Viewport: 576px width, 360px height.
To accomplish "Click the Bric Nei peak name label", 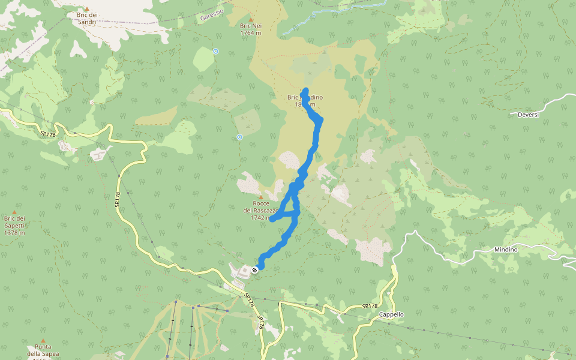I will tap(251, 26).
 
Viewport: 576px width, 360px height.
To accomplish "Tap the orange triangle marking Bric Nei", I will tap(251, 19).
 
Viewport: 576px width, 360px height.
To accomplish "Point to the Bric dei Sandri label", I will tap(86, 18).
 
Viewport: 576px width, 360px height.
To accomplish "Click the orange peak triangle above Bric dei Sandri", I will tap(86, 9).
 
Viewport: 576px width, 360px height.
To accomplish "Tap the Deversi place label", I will tap(528, 115).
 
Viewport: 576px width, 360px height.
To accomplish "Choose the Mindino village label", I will tap(506, 249).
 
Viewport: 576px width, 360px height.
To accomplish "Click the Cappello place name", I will tap(391, 314).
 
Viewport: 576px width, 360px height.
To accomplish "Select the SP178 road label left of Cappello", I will tap(371, 306).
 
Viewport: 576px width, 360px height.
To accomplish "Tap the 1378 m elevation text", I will tap(14, 233).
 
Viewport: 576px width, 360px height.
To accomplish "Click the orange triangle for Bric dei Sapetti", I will tap(14, 212).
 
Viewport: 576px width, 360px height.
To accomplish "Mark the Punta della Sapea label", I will tap(42, 350).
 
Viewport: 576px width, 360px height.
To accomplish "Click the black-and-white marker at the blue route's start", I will tap(256, 270).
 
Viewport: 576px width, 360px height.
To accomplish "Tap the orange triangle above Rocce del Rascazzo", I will tap(260, 197).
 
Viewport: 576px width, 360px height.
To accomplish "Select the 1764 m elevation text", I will tap(251, 33).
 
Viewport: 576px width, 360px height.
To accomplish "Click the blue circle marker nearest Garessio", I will tap(215, 52).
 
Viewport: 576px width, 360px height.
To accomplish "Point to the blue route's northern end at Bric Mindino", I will tap(306, 91).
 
